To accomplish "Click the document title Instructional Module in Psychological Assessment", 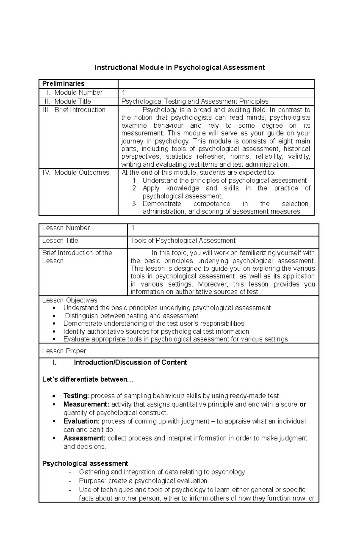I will click(x=180, y=67).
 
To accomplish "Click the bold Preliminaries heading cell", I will click(x=63, y=84).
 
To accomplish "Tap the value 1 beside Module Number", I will click(x=124, y=93).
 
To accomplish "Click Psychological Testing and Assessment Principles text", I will click(x=195, y=101).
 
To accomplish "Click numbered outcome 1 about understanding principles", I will click(x=224, y=180).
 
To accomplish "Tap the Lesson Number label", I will click(x=66, y=228).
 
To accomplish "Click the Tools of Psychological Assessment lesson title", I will click(x=183, y=241).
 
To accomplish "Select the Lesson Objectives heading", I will click(x=70, y=300).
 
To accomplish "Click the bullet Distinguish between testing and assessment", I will click(x=131, y=316).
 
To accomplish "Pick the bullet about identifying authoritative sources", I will click(x=156, y=331).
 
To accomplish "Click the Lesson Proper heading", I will click(x=64, y=351).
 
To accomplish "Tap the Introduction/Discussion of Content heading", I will click(x=130, y=362).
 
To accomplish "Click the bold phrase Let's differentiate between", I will click(x=87, y=379).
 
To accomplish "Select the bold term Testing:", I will click(x=76, y=396).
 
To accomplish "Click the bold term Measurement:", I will click(x=86, y=404).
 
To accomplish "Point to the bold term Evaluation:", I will click(x=81, y=421).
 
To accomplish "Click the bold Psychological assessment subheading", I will click(x=85, y=463).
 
